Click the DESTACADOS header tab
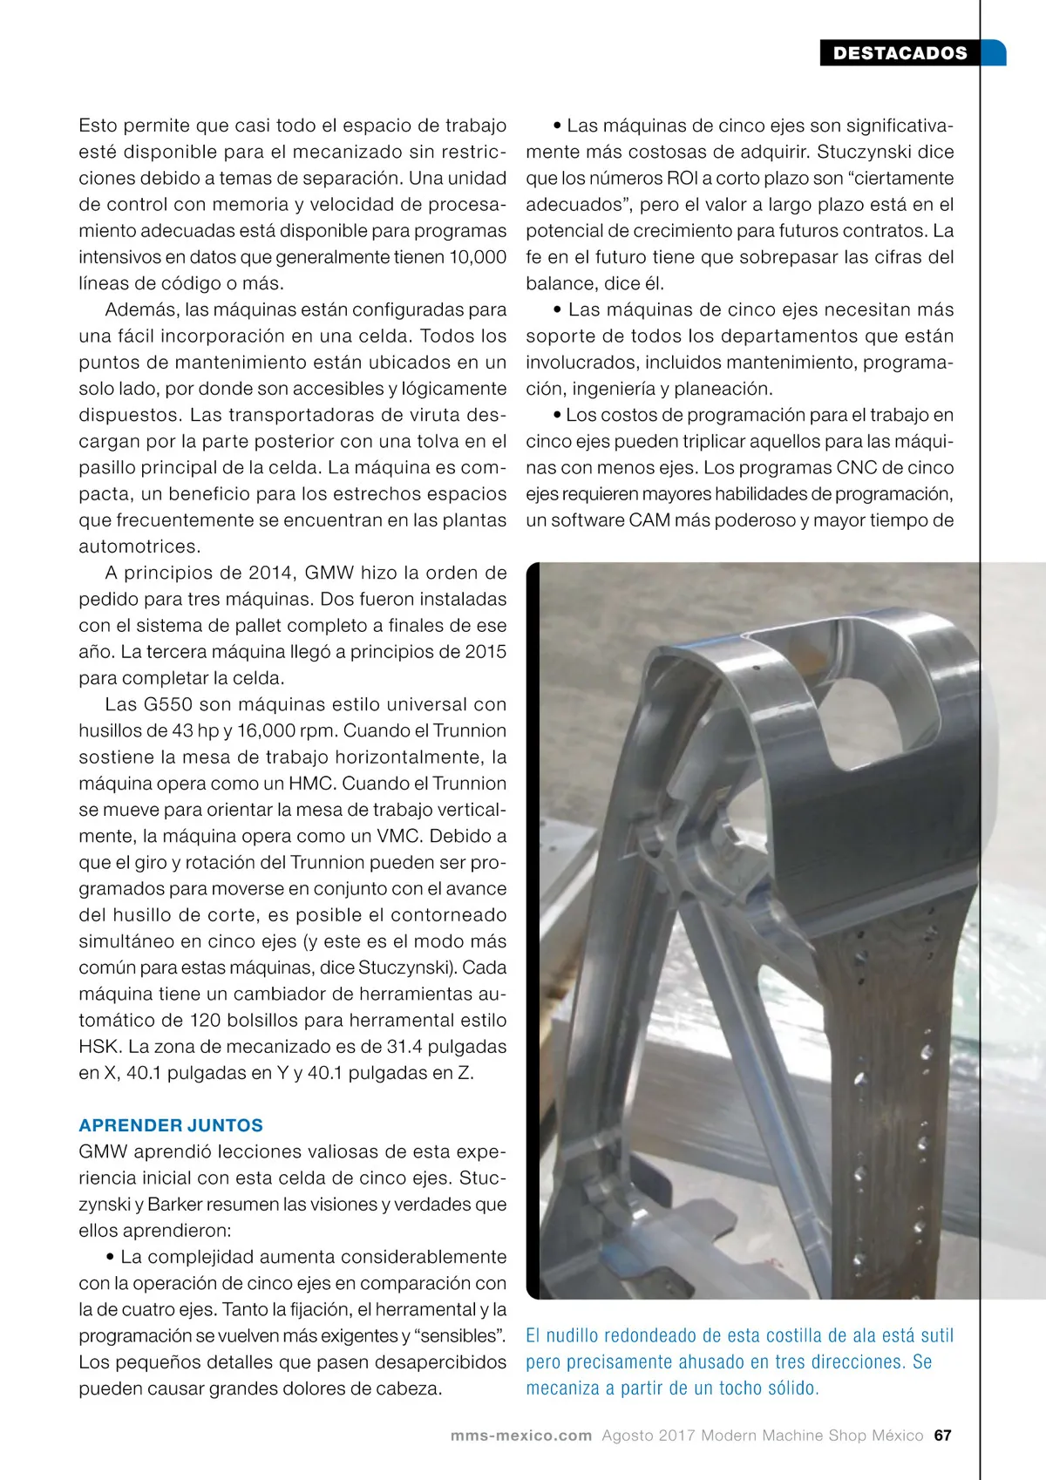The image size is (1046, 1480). click(x=900, y=53)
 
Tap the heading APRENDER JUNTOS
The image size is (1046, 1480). click(x=171, y=1125)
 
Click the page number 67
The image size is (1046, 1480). click(x=942, y=1436)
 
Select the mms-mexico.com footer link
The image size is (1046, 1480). click(x=521, y=1436)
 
